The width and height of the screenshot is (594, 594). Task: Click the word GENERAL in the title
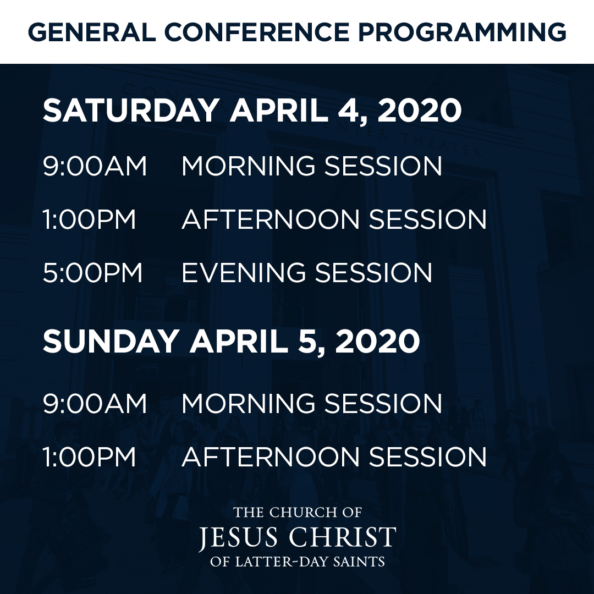[92, 32]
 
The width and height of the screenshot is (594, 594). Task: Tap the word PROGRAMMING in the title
[462, 32]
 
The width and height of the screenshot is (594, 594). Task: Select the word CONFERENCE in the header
[256, 32]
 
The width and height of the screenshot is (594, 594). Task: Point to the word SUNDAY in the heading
[111, 341]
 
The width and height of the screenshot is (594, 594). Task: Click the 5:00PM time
[92, 273]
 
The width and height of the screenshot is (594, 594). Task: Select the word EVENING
[244, 273]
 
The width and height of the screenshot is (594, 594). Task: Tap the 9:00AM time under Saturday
[95, 166]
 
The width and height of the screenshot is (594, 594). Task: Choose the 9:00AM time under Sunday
[95, 403]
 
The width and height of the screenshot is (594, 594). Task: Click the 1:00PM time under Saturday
[90, 219]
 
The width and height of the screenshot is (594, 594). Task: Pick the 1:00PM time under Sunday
[90, 457]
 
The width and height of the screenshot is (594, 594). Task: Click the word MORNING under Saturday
[249, 166]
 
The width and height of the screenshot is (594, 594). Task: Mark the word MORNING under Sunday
[249, 403]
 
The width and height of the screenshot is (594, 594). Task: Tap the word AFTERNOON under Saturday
[271, 219]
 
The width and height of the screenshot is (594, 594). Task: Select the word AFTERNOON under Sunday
[271, 457]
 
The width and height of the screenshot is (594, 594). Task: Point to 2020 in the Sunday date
[378, 341]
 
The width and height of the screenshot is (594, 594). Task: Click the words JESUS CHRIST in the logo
[298, 537]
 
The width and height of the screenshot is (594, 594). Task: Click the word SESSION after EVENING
[374, 273]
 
